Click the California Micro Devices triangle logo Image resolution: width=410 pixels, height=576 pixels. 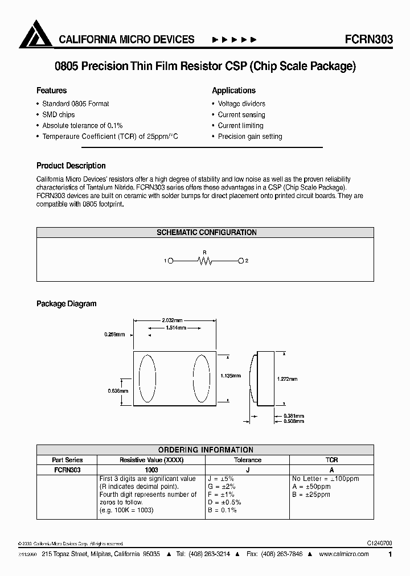36,35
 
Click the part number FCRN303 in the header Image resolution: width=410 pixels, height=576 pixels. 368,39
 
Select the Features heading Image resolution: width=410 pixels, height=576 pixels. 51,90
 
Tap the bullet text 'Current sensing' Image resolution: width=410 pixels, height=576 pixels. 241,114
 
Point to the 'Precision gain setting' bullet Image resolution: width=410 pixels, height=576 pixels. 250,137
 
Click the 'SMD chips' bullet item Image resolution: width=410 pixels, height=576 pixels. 58,114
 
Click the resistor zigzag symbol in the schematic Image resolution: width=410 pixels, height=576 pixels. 205,261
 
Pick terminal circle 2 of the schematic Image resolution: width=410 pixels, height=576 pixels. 241,261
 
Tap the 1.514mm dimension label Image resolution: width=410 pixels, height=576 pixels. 174,328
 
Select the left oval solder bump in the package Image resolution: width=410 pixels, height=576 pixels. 147,379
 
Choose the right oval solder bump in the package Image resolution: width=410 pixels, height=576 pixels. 201,379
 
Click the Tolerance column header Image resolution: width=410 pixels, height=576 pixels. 248,460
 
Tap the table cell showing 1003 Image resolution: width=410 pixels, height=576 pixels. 151,470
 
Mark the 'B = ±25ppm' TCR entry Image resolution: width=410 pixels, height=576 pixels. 311,495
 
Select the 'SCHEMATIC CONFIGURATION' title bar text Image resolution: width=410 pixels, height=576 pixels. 206,232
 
